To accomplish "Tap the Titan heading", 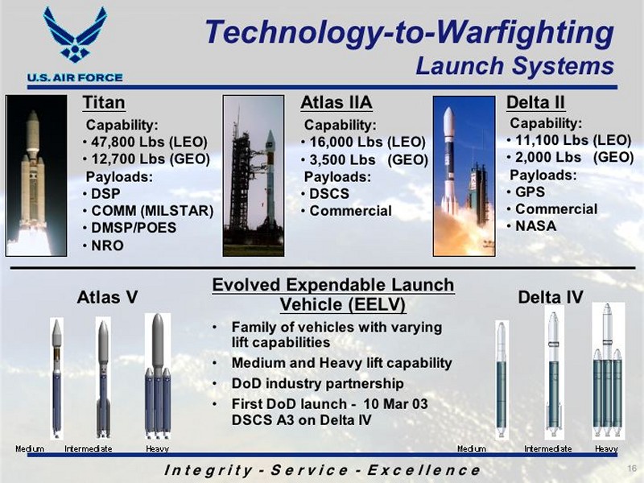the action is [104, 103].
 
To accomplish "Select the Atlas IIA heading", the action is [336, 103].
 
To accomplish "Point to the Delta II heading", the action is [535, 103].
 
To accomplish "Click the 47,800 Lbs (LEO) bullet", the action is [145, 142].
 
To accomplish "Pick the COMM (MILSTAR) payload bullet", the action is [148, 211].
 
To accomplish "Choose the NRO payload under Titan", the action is [103, 246].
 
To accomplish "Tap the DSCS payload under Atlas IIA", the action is [325, 193].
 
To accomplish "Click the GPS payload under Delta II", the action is [526, 192].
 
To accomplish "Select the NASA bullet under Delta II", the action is [531, 226].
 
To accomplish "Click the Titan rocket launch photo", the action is [36, 175].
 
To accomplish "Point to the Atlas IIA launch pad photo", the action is [254, 175].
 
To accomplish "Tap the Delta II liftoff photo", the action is [464, 176].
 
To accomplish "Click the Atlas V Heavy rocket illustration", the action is [158, 376].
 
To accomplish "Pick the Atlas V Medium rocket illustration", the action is [56, 378].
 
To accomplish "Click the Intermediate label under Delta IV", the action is [548, 448].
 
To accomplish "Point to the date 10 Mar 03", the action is [395, 404].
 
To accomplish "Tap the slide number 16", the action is [632, 469].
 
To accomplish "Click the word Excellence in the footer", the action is [423, 470].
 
